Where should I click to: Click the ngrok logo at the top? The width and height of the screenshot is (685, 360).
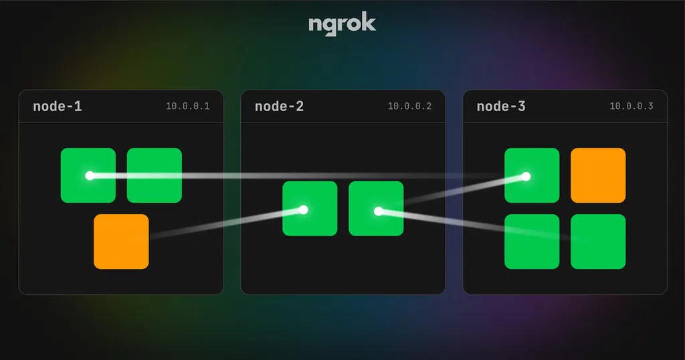[x=342, y=25]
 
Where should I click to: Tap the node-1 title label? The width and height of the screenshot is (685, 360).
[x=58, y=106]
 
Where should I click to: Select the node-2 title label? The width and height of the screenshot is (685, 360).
[x=279, y=106]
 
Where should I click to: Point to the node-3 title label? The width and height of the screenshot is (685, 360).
[x=501, y=106]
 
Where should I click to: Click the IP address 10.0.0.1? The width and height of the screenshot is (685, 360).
[x=188, y=106]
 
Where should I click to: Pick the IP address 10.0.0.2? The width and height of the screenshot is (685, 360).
[x=410, y=106]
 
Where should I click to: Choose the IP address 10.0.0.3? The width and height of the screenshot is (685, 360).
[x=631, y=106]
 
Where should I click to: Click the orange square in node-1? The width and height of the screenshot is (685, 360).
[x=122, y=242]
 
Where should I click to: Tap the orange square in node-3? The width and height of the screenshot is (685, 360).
[x=598, y=175]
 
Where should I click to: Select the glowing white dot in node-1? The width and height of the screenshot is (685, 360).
[x=90, y=175]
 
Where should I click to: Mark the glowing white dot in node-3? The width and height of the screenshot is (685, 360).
[x=526, y=177]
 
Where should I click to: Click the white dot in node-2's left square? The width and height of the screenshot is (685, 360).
[x=303, y=209]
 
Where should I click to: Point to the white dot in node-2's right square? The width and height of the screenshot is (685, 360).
[x=379, y=211]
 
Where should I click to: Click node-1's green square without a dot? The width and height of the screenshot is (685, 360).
[x=155, y=175]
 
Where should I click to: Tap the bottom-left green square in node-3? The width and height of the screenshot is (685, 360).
[x=532, y=242]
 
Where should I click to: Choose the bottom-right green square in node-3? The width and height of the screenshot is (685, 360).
[x=598, y=242]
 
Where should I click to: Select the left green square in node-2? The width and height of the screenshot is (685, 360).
[x=310, y=208]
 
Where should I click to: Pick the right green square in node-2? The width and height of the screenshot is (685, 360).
[x=376, y=208]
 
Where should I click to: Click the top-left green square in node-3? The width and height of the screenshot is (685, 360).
[x=532, y=175]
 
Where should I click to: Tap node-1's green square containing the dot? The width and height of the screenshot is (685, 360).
[x=88, y=175]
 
